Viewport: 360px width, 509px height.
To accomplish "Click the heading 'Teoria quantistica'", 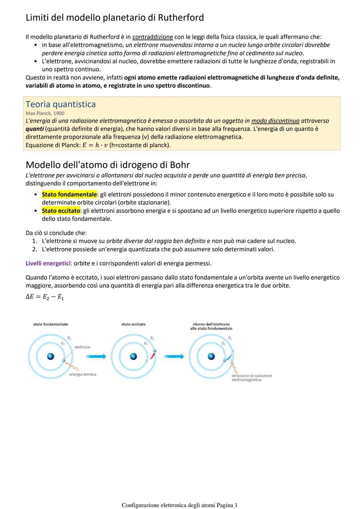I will pyautogui.click(x=61, y=104).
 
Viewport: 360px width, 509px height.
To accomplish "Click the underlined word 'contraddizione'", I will pyautogui.click(x=153, y=37).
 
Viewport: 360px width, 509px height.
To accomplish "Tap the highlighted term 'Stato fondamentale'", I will pyautogui.click(x=69, y=194).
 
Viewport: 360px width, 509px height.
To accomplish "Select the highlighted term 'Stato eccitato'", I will pyautogui.click(x=61, y=211).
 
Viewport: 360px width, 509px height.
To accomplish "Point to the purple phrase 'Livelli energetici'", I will pyautogui.click(x=48, y=263).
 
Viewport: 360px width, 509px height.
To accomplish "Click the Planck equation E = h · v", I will pyautogui.click(x=95, y=145).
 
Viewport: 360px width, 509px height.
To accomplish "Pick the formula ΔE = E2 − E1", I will pyautogui.click(x=45, y=297).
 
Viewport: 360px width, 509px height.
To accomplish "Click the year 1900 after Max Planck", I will pyautogui.click(x=59, y=113).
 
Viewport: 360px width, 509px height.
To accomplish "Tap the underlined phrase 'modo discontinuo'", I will pyautogui.click(x=275, y=121).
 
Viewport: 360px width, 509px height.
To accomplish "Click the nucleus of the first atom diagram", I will pyautogui.click(x=51, y=356).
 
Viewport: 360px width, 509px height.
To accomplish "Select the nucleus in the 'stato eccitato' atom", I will pyautogui.click(x=133, y=356).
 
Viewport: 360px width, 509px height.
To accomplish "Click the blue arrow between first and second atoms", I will pyautogui.click(x=96, y=357).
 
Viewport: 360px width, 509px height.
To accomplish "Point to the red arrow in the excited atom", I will pyautogui.click(x=152, y=356).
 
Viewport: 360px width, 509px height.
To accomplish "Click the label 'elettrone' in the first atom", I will pyautogui.click(x=82, y=347).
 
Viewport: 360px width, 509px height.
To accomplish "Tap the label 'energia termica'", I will pyautogui.click(x=83, y=374).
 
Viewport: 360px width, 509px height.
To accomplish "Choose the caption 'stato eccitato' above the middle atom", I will pyautogui.click(x=133, y=324).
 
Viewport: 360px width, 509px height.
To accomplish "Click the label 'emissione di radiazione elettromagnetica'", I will pyautogui.click(x=251, y=378).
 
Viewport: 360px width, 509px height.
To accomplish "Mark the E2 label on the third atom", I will pyautogui.click(x=230, y=338).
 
